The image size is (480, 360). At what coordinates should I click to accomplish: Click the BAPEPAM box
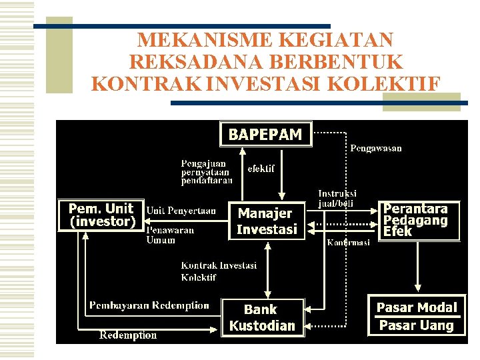(265, 134)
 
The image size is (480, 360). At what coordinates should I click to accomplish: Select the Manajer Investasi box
(267, 221)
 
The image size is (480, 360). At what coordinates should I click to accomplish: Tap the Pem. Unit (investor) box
(101, 215)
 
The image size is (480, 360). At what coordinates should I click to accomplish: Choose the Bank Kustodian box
(261, 317)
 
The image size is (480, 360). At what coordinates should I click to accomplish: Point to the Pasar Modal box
(417, 307)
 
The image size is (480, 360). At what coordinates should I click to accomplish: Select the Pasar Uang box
(417, 325)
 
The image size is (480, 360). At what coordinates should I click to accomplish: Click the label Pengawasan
(376, 148)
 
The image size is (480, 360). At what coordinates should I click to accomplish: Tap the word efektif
(261, 169)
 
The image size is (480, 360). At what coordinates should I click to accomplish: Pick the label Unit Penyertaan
(181, 211)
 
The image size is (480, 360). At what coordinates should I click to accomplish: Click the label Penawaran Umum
(170, 235)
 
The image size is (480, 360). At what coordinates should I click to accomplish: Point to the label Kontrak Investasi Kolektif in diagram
(218, 271)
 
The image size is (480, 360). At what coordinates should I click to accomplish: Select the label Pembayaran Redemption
(149, 305)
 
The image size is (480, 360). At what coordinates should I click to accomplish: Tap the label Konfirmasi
(348, 243)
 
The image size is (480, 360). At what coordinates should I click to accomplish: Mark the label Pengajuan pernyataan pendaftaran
(207, 171)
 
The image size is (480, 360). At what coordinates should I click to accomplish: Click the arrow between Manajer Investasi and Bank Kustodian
(267, 269)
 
